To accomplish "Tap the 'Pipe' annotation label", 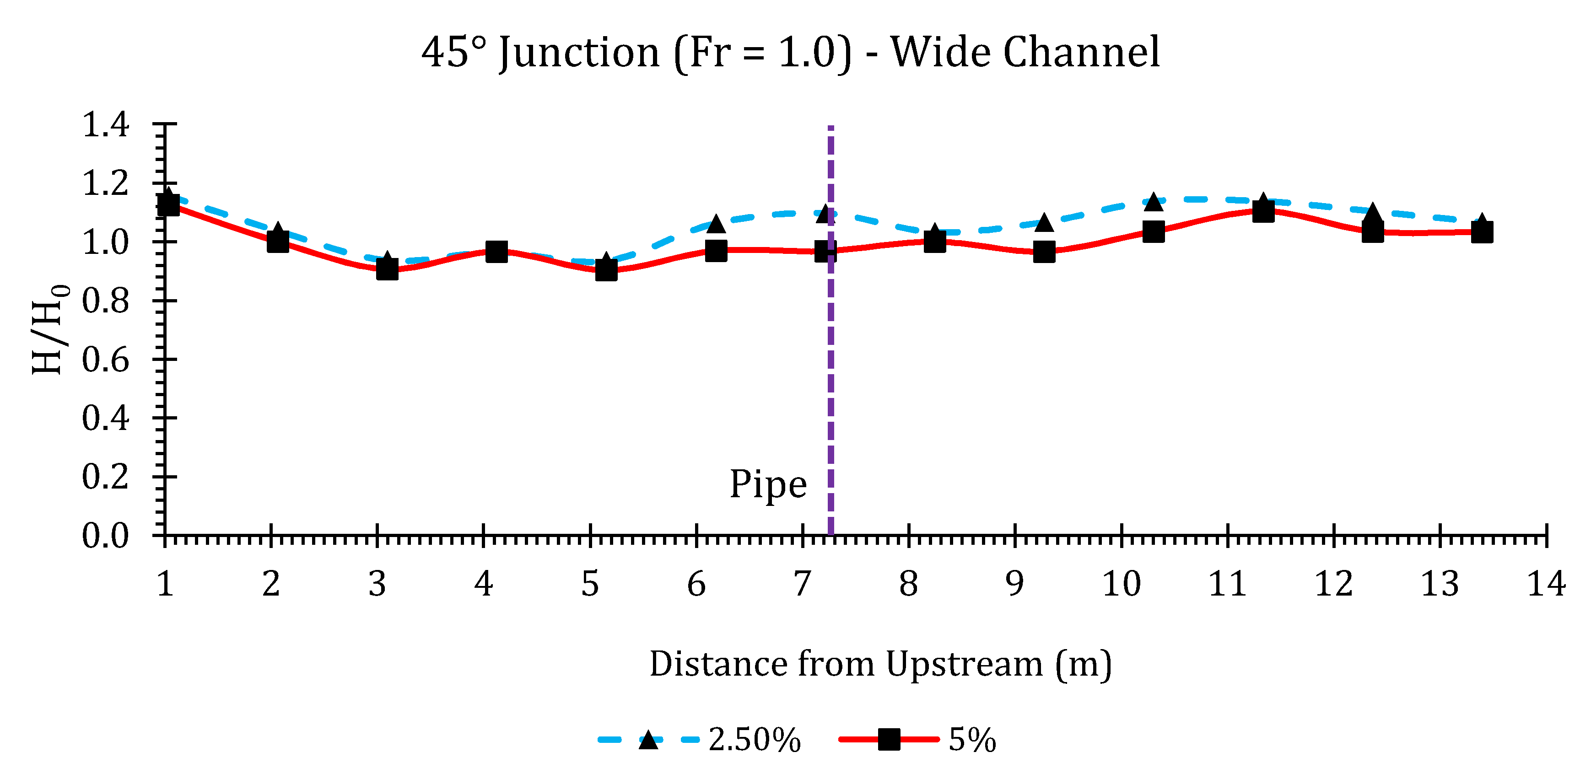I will [x=768, y=484].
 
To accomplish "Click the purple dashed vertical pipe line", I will [x=831, y=371].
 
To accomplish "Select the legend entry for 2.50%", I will [x=754, y=740].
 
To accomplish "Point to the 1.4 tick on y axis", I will [x=106, y=125].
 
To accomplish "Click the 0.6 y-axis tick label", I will [x=106, y=359].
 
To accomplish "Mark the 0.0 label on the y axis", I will [x=106, y=535].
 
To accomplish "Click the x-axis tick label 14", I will [x=1546, y=583].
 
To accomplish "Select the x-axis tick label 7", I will [x=802, y=583].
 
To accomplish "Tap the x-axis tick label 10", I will [x=1121, y=583].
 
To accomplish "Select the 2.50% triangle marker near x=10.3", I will [x=1153, y=202].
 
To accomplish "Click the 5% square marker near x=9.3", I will [x=1044, y=252].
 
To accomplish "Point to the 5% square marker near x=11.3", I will [x=1263, y=212].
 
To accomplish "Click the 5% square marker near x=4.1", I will [x=496, y=251].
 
